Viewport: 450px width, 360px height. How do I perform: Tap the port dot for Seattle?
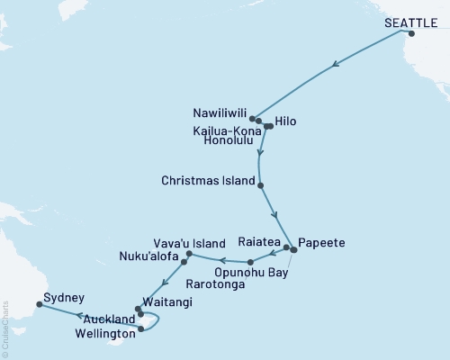[x=411, y=34]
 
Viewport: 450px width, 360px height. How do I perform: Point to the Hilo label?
[x=286, y=121]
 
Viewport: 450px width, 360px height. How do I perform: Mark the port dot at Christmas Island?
[x=261, y=185]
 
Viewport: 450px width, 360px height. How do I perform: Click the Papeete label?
[x=320, y=242]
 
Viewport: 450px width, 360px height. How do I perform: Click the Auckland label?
[x=111, y=319]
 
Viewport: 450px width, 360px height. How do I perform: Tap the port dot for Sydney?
[x=40, y=305]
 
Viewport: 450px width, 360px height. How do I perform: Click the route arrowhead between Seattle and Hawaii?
[x=335, y=64]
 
